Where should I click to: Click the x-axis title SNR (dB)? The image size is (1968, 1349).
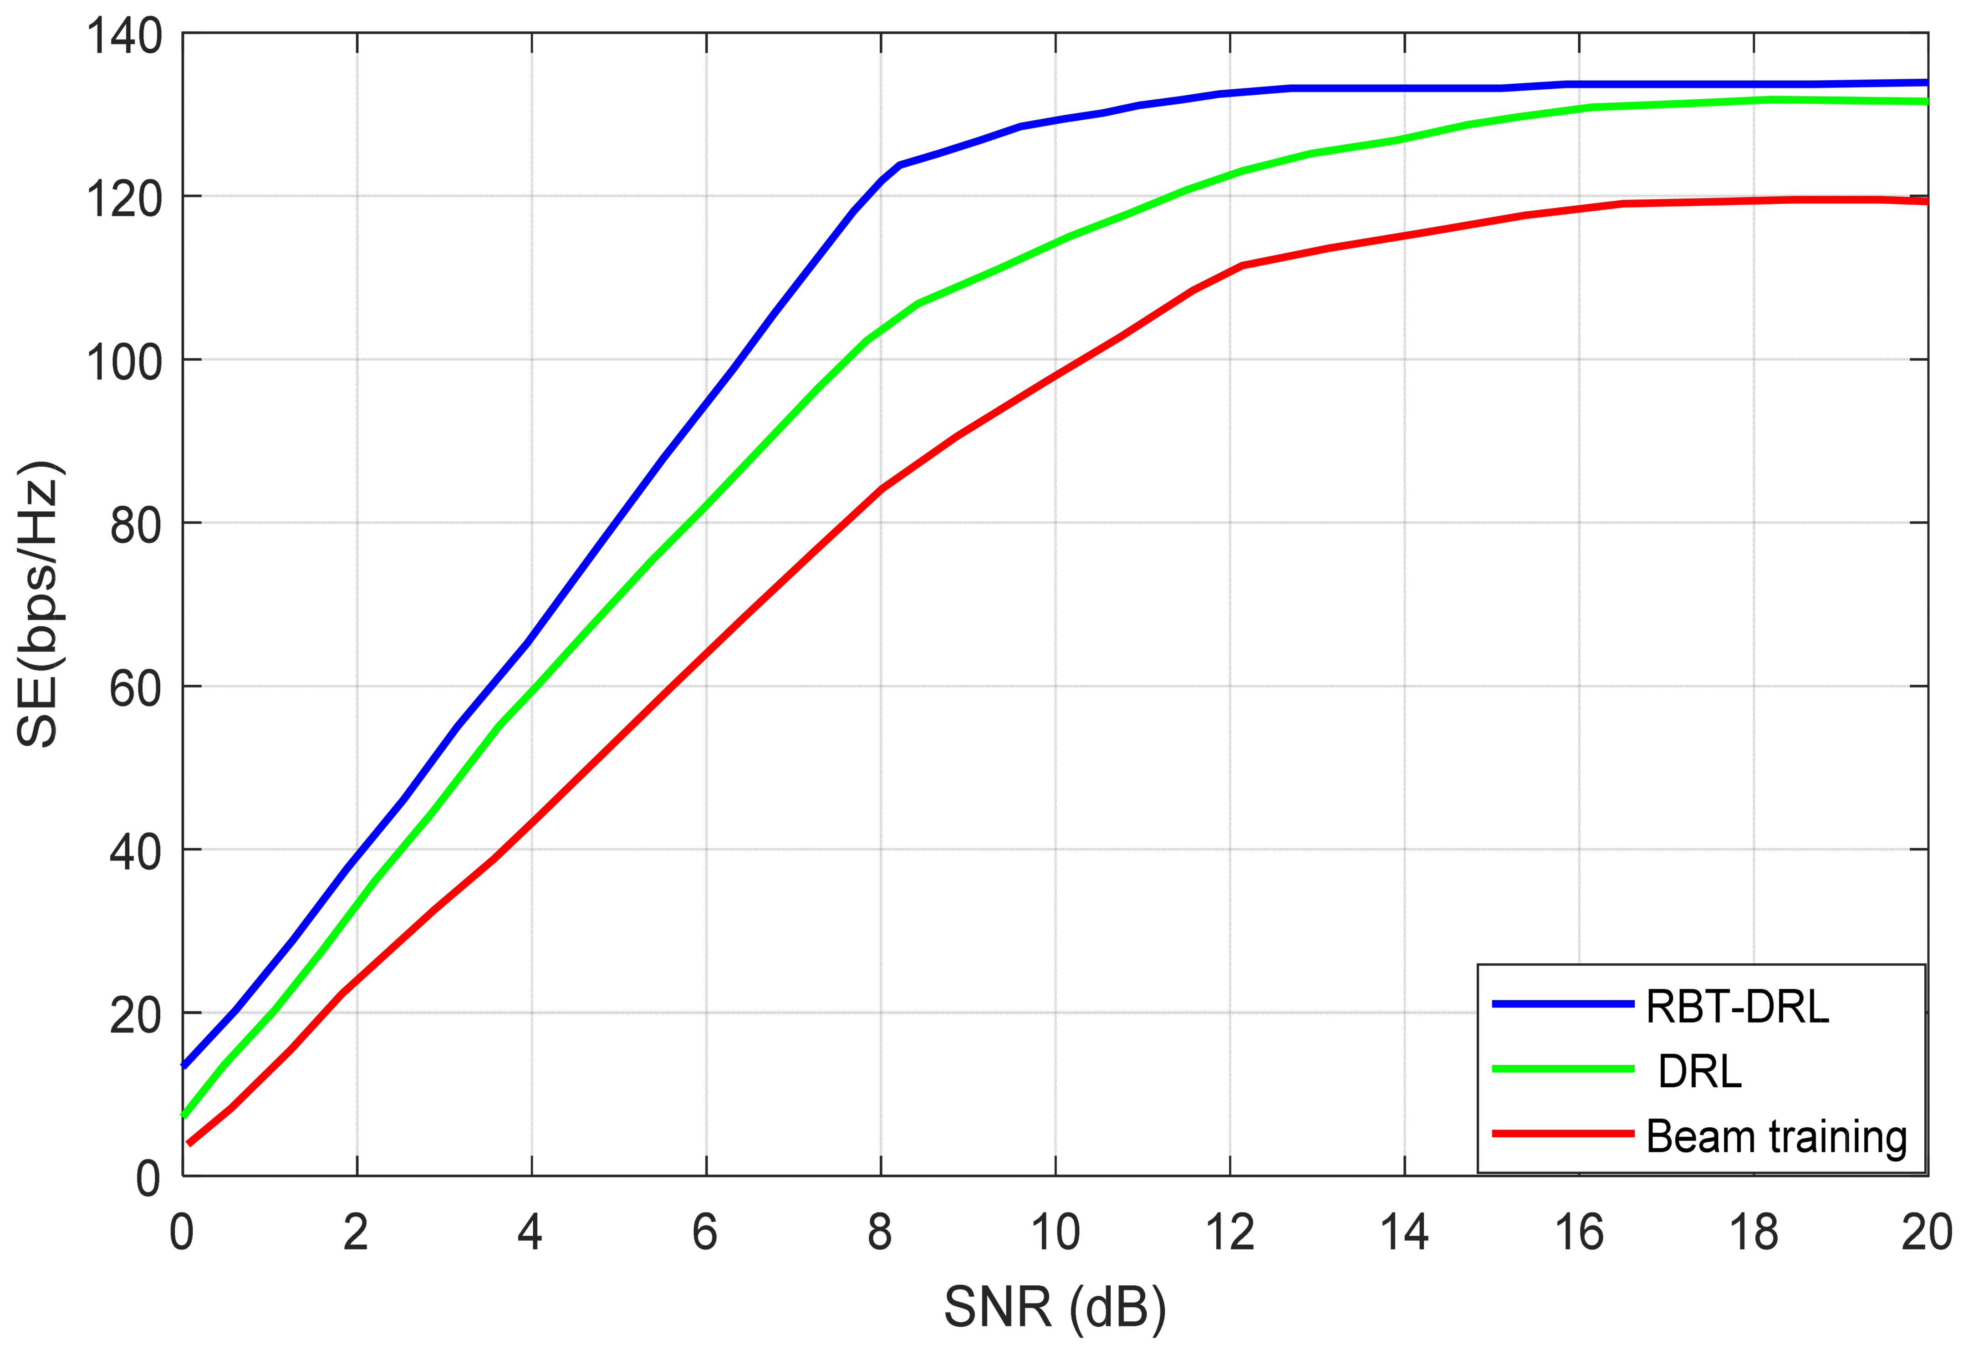[1054, 1308]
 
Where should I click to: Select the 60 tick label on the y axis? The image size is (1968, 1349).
[136, 689]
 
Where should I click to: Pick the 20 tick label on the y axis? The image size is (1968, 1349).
[136, 1015]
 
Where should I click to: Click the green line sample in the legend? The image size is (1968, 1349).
[1562, 1069]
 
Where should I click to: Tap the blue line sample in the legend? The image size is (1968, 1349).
[1562, 1003]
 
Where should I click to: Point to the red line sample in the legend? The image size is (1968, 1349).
[1562, 1133]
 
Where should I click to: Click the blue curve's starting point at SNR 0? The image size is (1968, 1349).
[184, 1065]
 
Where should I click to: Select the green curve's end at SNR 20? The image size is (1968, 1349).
[1926, 102]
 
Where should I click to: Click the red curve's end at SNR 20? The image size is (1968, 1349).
[1926, 202]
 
